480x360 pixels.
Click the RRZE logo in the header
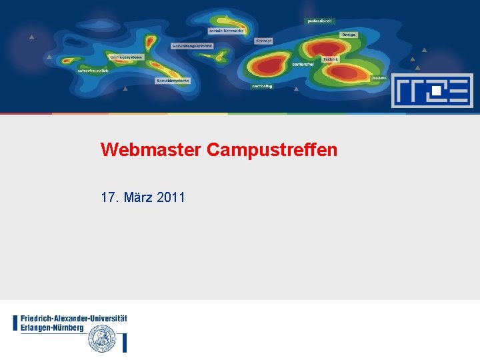(431, 91)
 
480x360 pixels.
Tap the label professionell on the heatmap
(319, 21)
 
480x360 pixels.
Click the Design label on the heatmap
(349, 35)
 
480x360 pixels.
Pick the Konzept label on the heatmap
(263, 41)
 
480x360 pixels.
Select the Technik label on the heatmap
(331, 59)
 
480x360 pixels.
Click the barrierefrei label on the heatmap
(303, 64)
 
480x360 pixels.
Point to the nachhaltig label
(262, 86)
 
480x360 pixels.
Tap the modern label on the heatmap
(379, 78)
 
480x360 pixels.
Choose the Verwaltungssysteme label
(193, 46)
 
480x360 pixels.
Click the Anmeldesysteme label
(173, 81)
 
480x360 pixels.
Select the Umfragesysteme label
(126, 57)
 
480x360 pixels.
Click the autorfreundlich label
(93, 71)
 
